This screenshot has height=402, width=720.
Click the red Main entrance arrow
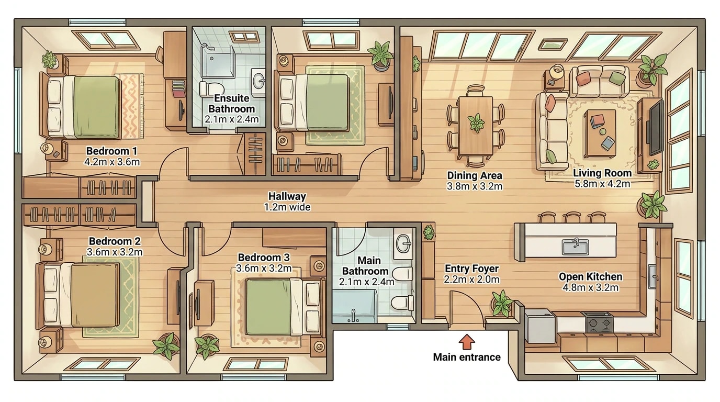(466, 341)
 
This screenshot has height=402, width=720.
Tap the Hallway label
(287, 196)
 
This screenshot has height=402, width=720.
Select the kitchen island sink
(576, 247)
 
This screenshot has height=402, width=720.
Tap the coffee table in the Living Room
(600, 133)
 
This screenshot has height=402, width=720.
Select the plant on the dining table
(476, 122)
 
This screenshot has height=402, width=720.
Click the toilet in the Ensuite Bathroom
(210, 89)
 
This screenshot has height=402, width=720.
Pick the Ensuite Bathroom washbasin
(258, 82)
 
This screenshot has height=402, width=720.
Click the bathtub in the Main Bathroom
(354, 306)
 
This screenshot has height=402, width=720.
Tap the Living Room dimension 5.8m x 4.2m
(602, 184)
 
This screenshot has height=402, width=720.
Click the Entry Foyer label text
(471, 268)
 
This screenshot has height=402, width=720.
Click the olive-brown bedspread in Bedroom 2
(94, 295)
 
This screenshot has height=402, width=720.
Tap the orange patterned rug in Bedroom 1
(129, 106)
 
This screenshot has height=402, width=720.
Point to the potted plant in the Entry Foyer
(502, 303)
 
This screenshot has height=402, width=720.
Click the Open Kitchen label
(590, 276)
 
